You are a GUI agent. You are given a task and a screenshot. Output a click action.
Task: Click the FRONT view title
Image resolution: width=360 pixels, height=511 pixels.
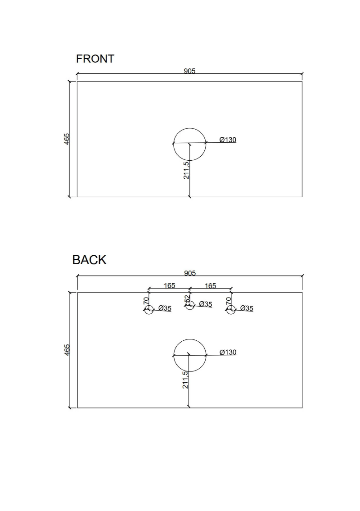tap(95, 59)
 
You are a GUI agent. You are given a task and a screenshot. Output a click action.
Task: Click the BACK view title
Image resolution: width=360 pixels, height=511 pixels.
tap(89, 260)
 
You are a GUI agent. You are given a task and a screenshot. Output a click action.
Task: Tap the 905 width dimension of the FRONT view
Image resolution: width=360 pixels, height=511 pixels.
tap(189, 71)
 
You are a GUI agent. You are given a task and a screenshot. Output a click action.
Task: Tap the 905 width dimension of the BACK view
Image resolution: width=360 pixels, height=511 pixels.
tap(189, 273)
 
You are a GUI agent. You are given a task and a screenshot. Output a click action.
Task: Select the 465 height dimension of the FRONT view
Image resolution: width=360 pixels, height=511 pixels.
tap(67, 139)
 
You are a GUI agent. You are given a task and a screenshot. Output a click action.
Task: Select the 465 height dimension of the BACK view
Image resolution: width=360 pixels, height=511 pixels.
tap(67, 350)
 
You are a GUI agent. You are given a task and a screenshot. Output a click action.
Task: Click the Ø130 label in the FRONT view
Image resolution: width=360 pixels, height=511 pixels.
tap(228, 140)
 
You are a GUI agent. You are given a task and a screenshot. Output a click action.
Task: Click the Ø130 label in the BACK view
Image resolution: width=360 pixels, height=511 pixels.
tap(228, 352)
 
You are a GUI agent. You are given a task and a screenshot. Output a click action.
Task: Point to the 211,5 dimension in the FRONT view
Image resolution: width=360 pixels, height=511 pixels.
tap(186, 170)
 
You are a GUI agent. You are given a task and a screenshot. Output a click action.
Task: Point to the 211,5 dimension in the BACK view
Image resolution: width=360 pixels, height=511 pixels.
tap(185, 380)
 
